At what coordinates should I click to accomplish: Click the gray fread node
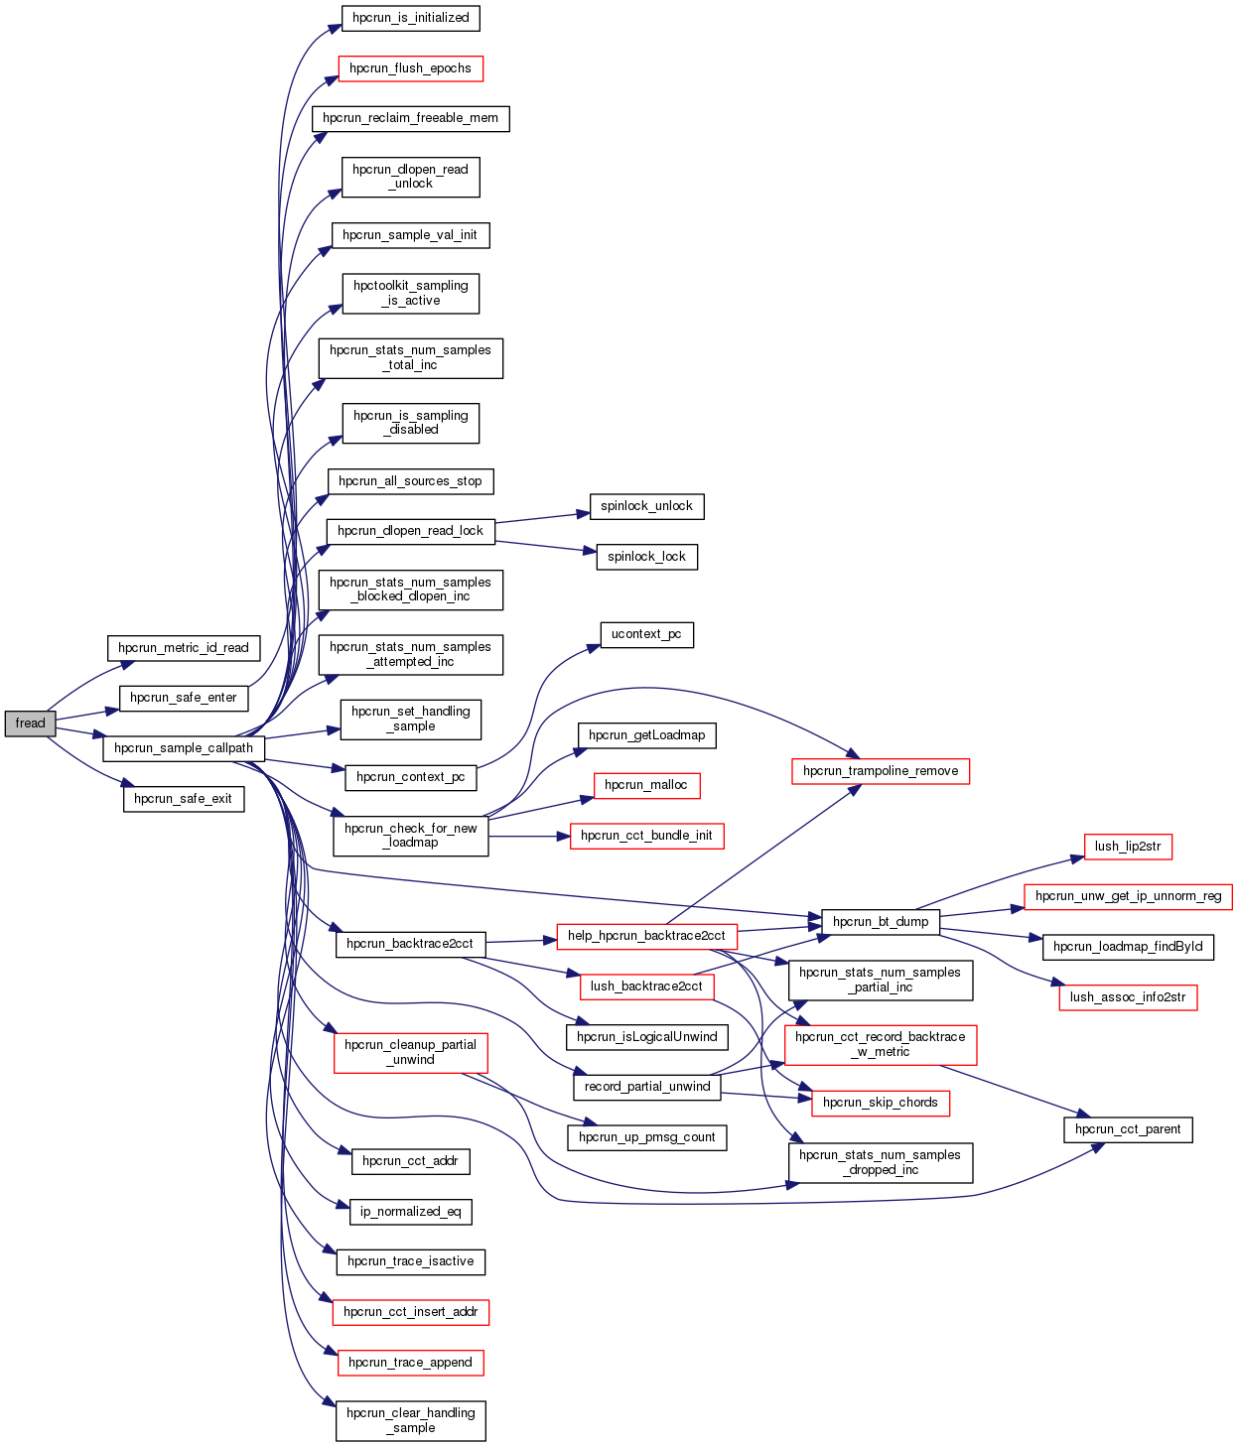(30, 723)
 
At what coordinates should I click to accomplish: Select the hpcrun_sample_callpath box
(184, 748)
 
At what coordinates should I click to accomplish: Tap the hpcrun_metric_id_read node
(184, 648)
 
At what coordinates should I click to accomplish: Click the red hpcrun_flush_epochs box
(410, 68)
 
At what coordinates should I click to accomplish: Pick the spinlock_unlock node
(646, 506)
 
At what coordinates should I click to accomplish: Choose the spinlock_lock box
(646, 557)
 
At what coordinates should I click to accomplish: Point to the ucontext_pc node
(646, 634)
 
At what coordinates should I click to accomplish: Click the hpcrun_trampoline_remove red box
(881, 771)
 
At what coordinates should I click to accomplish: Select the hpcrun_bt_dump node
(881, 921)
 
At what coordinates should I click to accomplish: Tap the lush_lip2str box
(1128, 847)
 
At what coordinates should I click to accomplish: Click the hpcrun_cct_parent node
(1128, 1129)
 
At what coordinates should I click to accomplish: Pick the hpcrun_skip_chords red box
(881, 1103)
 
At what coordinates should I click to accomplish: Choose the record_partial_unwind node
(647, 1087)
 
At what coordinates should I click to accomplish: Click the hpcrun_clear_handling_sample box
(410, 1420)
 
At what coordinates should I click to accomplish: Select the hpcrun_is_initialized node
(410, 18)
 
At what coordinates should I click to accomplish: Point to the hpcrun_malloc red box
(646, 785)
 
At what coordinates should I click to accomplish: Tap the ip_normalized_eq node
(410, 1212)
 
